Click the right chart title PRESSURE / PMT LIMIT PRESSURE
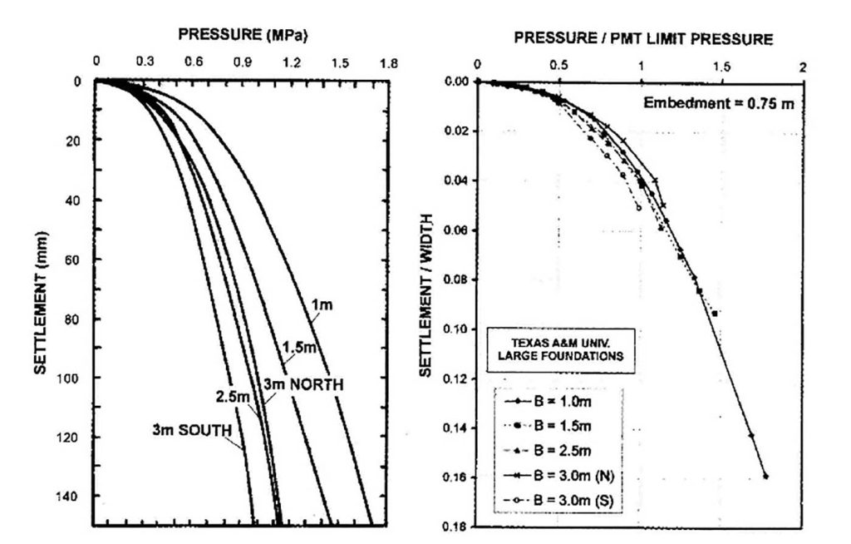[643, 38]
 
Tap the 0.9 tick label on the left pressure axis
[243, 62]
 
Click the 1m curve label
[322, 305]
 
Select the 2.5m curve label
[231, 397]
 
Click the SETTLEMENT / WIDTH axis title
[425, 304]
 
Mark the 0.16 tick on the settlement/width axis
[458, 477]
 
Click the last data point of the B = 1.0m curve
[765, 477]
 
